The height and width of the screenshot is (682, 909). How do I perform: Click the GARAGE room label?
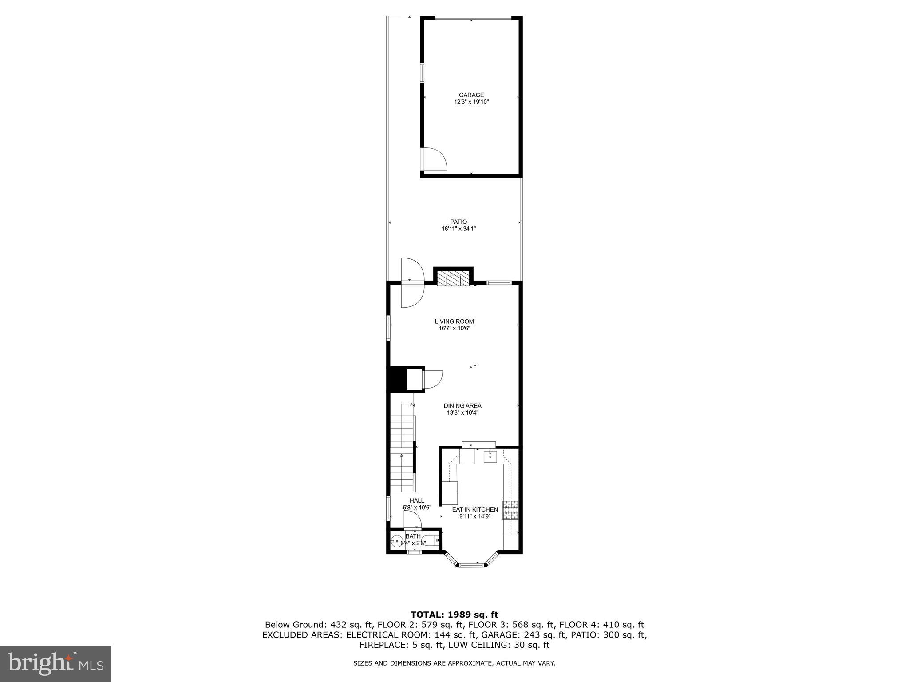point(471,95)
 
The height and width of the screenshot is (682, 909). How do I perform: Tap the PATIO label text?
point(458,222)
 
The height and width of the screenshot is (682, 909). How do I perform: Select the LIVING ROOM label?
point(454,321)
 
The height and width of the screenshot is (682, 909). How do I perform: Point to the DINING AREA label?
point(462,406)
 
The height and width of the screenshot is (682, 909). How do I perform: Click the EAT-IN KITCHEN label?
point(474,509)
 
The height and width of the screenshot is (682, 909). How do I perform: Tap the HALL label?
point(417,500)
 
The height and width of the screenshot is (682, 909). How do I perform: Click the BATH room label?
point(413,536)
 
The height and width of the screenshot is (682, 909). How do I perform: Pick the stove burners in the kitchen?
point(510,509)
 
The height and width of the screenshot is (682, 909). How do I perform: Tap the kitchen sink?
point(490,456)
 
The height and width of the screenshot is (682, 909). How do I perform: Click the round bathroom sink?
point(396,541)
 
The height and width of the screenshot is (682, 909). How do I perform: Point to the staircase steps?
point(402,453)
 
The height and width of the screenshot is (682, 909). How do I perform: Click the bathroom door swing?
point(412,519)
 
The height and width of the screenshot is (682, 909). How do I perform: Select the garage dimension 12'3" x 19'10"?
point(471,102)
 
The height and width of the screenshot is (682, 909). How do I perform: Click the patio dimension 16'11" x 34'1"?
point(458,229)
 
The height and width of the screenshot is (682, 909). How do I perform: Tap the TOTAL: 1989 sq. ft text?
point(454,615)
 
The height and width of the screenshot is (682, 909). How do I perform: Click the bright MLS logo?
point(55,664)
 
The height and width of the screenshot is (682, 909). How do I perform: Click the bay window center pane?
point(471,565)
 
